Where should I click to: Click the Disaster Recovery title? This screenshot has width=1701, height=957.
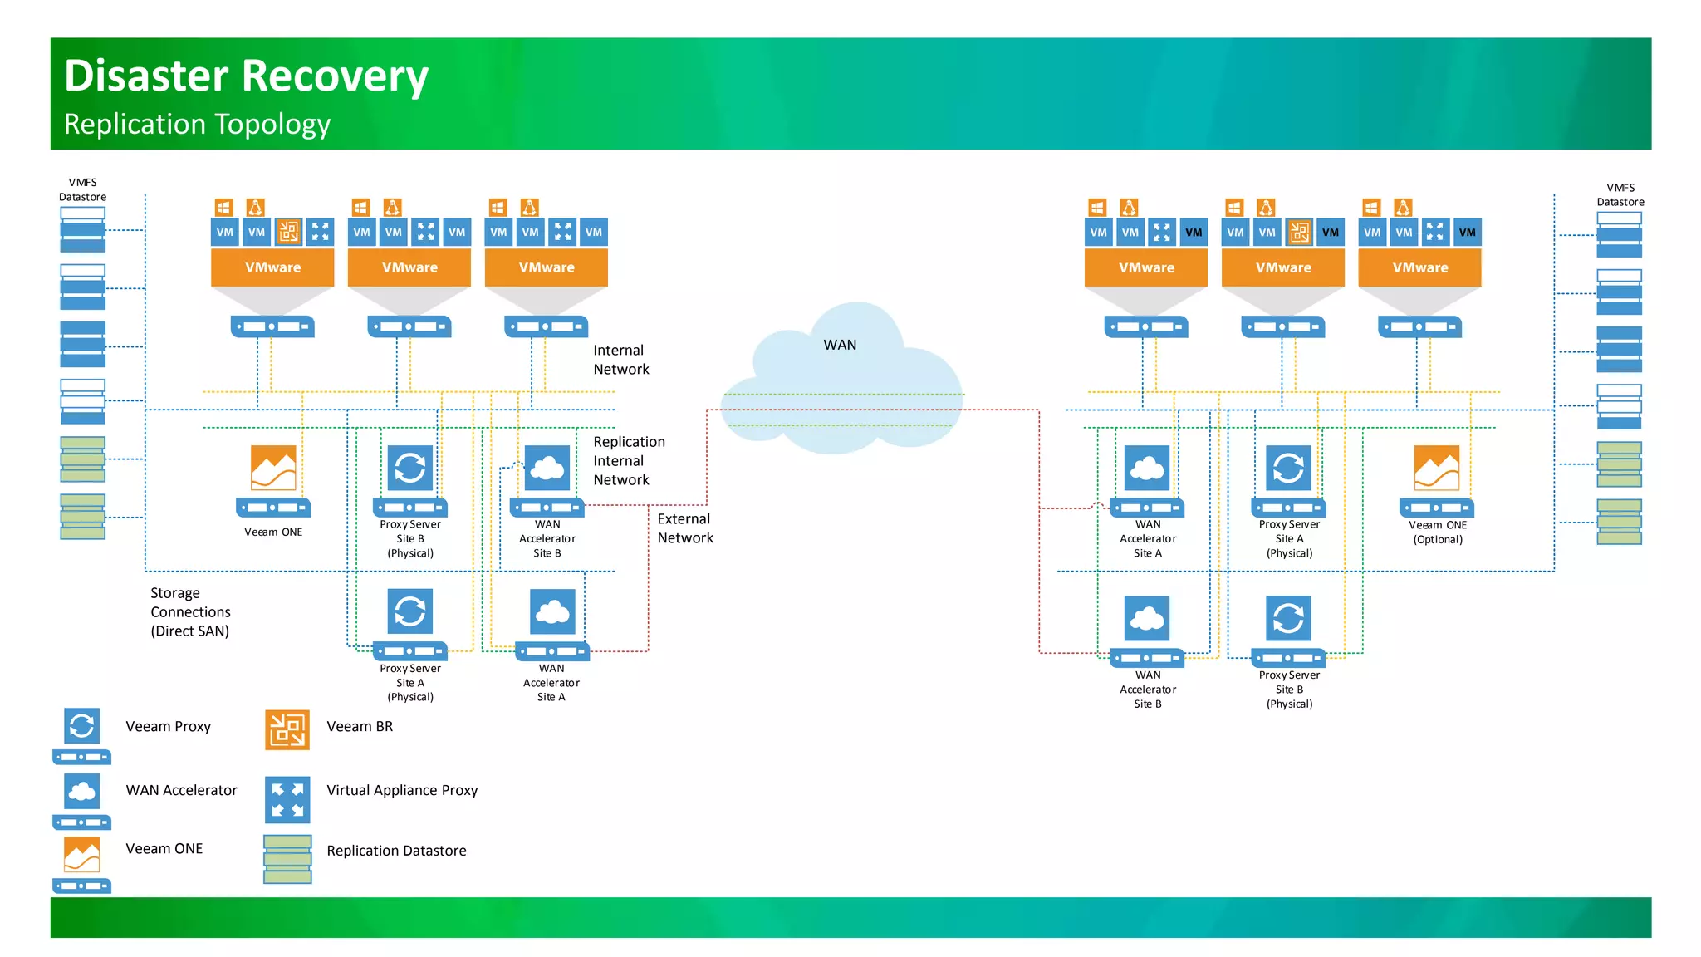[246, 76]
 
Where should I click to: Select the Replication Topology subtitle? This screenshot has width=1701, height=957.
[197, 125]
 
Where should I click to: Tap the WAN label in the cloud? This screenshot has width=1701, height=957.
[840, 345]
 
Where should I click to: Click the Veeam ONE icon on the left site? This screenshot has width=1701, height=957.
[273, 469]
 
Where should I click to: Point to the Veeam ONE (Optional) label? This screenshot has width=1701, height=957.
[1438, 532]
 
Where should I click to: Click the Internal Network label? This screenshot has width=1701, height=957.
[620, 360]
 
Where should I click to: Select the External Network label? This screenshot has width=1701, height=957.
[684, 528]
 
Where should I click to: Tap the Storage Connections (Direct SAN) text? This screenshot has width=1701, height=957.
[190, 612]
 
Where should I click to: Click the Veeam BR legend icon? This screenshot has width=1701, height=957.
[287, 729]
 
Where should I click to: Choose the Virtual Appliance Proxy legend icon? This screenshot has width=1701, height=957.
[287, 799]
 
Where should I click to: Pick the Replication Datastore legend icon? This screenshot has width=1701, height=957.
[287, 859]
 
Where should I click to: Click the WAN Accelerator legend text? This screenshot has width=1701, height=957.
[181, 790]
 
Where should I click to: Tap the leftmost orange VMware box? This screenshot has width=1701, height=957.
[272, 267]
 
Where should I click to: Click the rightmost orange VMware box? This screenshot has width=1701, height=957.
[1419, 267]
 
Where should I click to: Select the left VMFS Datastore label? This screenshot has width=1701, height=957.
[83, 189]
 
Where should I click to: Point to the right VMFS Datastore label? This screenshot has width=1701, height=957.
[1620, 194]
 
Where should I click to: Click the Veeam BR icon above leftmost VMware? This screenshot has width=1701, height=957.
[288, 232]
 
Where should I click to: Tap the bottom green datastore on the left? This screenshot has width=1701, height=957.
[83, 517]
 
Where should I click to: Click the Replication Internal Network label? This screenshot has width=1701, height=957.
[629, 461]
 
